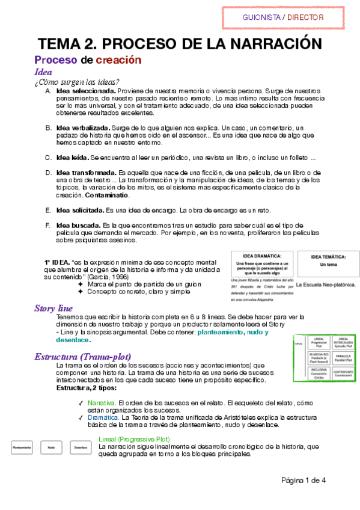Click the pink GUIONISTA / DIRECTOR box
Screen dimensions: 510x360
point(282,17)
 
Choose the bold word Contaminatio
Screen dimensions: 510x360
point(107,195)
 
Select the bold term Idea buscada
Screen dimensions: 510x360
point(75,225)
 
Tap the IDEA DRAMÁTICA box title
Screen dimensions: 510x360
point(262,256)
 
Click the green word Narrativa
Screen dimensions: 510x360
point(101,402)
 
